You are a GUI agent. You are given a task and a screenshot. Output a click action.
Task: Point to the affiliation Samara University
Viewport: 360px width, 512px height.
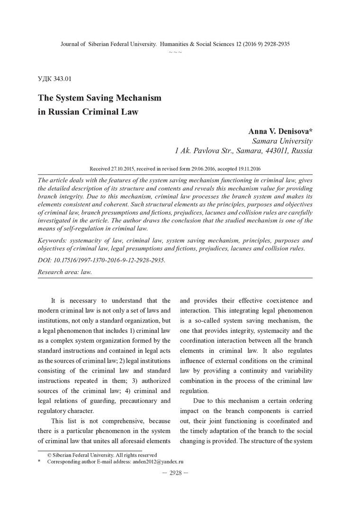[x=282, y=141]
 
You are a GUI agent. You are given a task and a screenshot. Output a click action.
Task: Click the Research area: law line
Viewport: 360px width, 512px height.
[x=64, y=272]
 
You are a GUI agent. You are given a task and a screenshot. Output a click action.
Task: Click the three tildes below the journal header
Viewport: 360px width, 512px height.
[x=175, y=51]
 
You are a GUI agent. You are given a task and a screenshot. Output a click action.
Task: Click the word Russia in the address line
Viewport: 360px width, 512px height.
[x=300, y=151]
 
